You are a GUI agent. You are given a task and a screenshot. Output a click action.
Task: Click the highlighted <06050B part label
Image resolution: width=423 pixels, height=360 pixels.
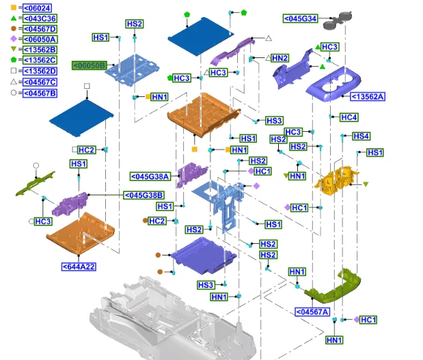(x=90, y=66)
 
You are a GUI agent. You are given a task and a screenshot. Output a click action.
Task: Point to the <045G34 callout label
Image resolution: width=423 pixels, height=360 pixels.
(x=300, y=18)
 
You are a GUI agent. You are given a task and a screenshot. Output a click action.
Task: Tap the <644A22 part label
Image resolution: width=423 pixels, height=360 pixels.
(x=79, y=266)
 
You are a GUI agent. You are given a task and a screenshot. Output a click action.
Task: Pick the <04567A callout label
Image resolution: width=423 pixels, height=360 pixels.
(x=312, y=312)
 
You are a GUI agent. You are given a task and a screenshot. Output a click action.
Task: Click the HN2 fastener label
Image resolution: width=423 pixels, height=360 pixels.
(x=280, y=59)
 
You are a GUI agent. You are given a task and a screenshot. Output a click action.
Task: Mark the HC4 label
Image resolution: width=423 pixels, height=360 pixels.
(x=349, y=117)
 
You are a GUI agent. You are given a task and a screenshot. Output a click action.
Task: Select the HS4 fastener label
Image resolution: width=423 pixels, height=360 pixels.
(x=361, y=137)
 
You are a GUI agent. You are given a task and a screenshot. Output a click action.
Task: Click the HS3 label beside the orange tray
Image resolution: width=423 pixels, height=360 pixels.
(x=274, y=121)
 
